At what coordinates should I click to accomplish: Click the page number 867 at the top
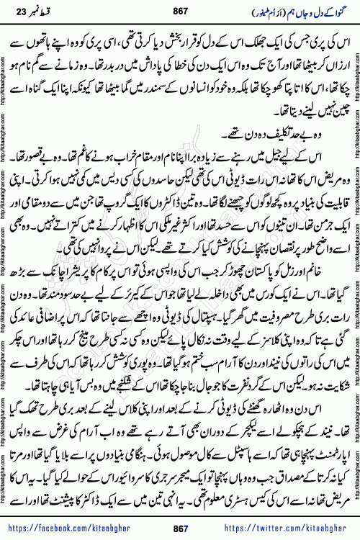point(179,13)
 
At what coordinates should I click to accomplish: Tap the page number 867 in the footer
point(179,528)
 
